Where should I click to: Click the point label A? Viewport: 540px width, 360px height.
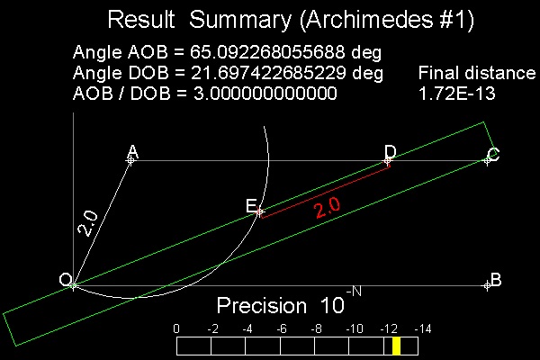[x=133, y=152]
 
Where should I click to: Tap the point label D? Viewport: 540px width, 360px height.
[x=391, y=151]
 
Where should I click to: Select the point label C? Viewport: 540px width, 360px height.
[x=493, y=154]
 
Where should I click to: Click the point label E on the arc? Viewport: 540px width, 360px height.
[x=251, y=206]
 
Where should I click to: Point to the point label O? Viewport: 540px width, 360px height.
[x=65, y=279]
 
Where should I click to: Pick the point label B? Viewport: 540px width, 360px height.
[x=496, y=280]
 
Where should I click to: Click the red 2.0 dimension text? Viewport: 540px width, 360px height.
[x=328, y=207]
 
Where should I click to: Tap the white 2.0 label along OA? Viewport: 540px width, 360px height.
[x=88, y=223]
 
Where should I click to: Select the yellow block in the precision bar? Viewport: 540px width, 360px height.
[x=396, y=346]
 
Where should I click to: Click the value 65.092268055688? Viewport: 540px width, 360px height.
[x=267, y=52]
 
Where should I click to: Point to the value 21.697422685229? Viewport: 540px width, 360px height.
[x=268, y=73]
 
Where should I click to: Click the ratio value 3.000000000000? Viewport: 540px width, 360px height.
[x=265, y=94]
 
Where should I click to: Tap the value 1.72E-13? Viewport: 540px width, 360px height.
[x=457, y=94]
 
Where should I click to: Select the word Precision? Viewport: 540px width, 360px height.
[x=262, y=305]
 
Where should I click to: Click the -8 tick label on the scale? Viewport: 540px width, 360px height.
[x=317, y=329]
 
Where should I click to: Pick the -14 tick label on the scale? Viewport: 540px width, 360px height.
[x=423, y=329]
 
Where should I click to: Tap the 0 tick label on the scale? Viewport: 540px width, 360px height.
[x=176, y=329]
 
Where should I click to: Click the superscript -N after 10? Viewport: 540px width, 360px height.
[x=354, y=292]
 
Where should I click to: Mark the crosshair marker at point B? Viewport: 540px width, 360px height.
[x=487, y=285]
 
